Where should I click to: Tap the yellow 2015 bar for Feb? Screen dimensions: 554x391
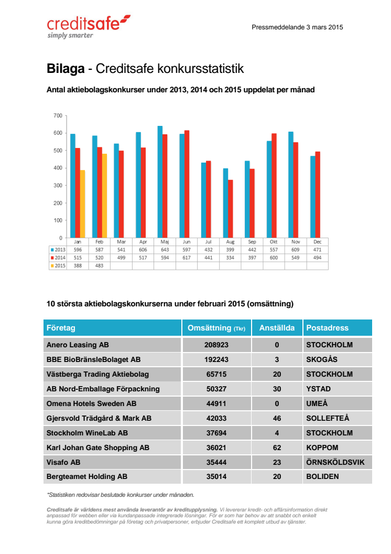[104, 195]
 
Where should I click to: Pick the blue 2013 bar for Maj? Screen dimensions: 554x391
[160, 182]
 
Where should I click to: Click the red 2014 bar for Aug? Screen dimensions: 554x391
[231, 208]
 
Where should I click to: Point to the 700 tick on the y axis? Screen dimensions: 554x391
[58, 115]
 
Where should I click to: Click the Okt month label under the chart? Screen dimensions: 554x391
[274, 242]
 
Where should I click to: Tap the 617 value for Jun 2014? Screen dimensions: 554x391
[187, 258]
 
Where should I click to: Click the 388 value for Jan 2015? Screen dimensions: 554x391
[78, 265]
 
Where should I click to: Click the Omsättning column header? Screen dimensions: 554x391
[216, 328]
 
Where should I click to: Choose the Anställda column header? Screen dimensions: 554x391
[277, 328]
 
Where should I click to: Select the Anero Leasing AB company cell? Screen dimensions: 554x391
[78, 345]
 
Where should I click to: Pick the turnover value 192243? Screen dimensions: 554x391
[216, 359]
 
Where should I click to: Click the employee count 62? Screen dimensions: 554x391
[277, 448]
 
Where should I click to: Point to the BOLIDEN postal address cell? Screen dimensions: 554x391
[322, 477]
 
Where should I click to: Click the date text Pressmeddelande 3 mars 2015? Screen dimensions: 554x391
[297, 27]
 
